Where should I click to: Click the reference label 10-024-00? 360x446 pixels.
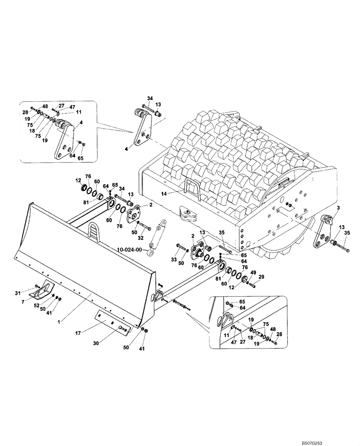coord(129,250)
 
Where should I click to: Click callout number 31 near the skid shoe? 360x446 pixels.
coord(17,293)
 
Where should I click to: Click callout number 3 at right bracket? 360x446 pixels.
coord(339,208)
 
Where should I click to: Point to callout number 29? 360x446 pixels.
coord(262,277)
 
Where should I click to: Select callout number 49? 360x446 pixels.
coord(253,272)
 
